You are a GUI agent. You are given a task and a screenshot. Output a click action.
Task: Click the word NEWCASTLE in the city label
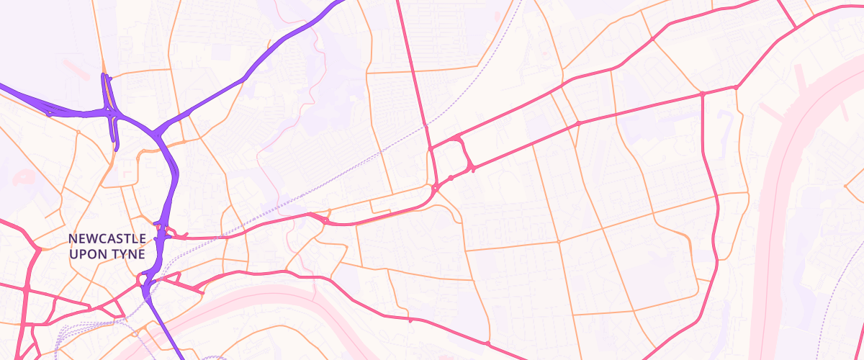pyautogui.click(x=107, y=238)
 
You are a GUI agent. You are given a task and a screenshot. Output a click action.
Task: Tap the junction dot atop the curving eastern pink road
pyautogui.click(x=702, y=94)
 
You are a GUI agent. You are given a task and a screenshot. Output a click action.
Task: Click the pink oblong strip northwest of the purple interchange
pyautogui.click(x=76, y=69)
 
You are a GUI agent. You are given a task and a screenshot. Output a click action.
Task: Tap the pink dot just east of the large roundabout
pyautogui.click(x=451, y=177)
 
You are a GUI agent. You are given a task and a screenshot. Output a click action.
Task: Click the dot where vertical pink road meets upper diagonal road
pyautogui.click(x=431, y=148)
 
